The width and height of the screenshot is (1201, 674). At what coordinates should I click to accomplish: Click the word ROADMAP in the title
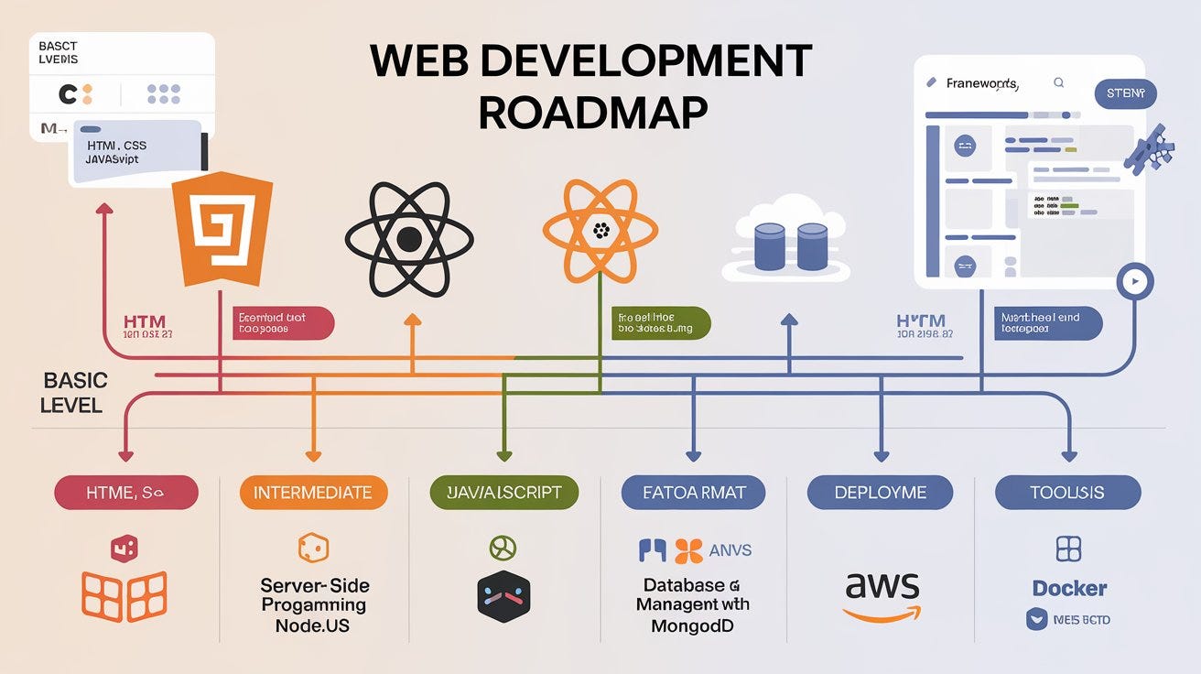coord(592,113)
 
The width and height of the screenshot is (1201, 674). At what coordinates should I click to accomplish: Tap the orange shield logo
coord(223,230)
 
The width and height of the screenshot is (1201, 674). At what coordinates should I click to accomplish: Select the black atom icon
coord(408,240)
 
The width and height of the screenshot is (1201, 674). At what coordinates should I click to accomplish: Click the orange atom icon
coord(600,230)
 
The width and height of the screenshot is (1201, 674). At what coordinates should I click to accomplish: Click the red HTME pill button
coord(126,493)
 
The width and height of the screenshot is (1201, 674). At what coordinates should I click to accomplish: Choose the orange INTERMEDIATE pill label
coord(313,493)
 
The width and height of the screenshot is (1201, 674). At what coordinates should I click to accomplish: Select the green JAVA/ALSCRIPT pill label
coord(503,493)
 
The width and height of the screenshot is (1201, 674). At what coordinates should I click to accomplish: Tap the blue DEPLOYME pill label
coord(879,493)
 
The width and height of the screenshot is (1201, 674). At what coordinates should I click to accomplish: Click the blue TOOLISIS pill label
coord(1067,493)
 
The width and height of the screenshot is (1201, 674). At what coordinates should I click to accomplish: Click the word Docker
coord(1069,588)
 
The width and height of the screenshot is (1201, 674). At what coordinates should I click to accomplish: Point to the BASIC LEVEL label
coord(73,392)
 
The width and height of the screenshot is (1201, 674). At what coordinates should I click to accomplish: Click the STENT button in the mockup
coord(1125,93)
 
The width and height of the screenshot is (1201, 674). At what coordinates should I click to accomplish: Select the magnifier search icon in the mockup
coord(1059,82)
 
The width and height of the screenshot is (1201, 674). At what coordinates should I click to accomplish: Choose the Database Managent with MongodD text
coord(692,605)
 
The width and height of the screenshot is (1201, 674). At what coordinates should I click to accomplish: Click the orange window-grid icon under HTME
coord(124,596)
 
